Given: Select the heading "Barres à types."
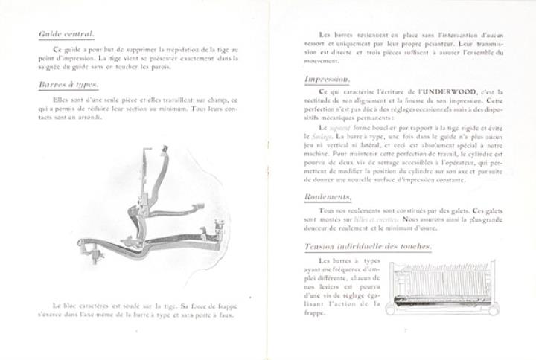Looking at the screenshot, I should point(69,85).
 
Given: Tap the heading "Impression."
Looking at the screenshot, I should point(328,79).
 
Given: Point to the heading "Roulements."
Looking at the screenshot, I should point(328,196).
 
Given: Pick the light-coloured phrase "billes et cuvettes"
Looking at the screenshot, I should point(379,220).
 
